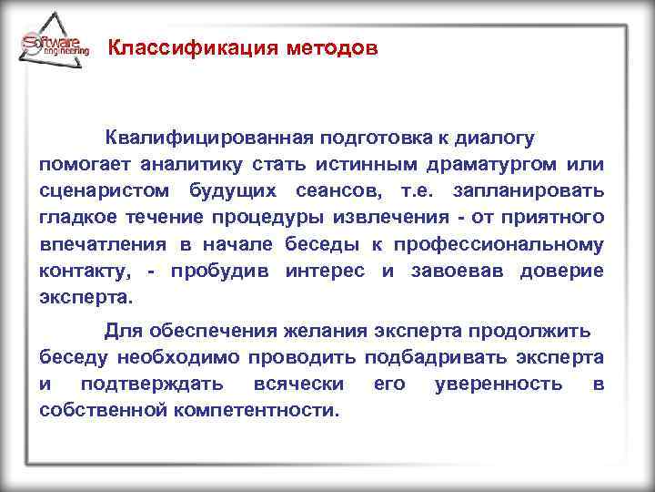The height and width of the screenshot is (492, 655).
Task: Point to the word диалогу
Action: (x=493, y=138)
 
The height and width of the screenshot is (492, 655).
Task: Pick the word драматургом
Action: (x=489, y=164)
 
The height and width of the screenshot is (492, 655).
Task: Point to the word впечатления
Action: (x=103, y=244)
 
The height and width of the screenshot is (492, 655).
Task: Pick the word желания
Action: (x=279, y=330)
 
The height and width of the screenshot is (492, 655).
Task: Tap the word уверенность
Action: (x=499, y=384)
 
